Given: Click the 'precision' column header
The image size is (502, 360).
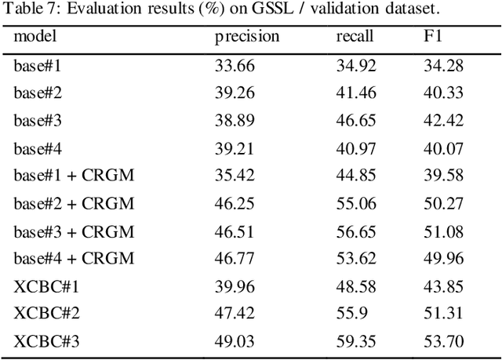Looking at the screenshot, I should [x=247, y=37].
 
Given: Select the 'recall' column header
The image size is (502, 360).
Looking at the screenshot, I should [x=355, y=37].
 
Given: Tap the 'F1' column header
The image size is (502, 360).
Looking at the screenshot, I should [x=433, y=37].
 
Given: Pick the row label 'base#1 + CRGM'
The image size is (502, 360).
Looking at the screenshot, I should [x=74, y=176].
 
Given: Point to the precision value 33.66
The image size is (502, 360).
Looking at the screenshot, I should [x=235, y=66].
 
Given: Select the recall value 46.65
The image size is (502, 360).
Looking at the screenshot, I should [x=355, y=121].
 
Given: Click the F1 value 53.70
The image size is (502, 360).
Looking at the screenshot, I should [x=444, y=341].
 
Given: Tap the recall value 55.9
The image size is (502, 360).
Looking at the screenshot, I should [x=351, y=314].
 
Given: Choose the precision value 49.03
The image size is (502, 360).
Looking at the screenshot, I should [x=235, y=341].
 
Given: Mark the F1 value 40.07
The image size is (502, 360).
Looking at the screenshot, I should [x=444, y=148].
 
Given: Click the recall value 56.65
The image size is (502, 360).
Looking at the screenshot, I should [x=355, y=231].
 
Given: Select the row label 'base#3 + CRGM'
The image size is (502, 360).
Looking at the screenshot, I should [x=74, y=231].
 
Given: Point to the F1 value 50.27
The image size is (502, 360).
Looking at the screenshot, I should [x=444, y=204].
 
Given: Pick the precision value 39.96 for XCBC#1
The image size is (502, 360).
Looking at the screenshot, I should [x=235, y=286].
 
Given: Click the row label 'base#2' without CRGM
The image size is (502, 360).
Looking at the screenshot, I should [x=38, y=93].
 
